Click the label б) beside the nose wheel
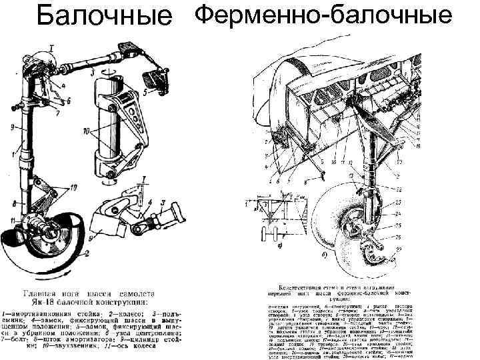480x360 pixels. click(323, 255)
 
